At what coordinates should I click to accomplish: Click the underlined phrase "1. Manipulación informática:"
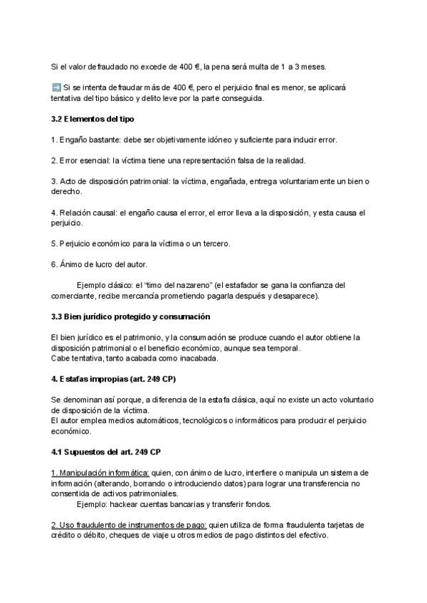point(100,473)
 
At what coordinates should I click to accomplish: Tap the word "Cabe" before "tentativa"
point(60,358)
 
